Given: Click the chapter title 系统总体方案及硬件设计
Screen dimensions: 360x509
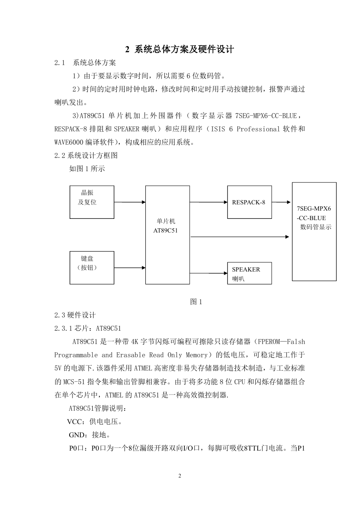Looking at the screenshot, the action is [x=184, y=49].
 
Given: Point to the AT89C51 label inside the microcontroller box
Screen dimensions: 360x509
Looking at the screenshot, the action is [x=165, y=230].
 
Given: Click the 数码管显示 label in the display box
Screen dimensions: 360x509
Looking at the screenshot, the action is [x=316, y=227].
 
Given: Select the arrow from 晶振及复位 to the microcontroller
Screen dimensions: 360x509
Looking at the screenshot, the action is [x=130, y=202].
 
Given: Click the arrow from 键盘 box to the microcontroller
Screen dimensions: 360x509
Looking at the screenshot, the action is [x=130, y=268].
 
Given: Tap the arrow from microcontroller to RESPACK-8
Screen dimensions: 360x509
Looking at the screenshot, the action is [x=208, y=202].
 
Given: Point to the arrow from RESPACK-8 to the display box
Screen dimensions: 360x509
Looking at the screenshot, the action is [x=281, y=202].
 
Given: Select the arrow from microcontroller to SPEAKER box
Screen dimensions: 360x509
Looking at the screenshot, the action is [x=208, y=273].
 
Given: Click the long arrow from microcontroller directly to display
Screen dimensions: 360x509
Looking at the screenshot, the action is [x=240, y=237].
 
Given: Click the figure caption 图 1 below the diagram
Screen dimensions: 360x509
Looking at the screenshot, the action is [x=196, y=302].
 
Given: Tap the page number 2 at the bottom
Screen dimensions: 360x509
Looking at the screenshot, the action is [x=180, y=475].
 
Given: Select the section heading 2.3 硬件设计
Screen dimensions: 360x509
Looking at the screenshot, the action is [x=75, y=315].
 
